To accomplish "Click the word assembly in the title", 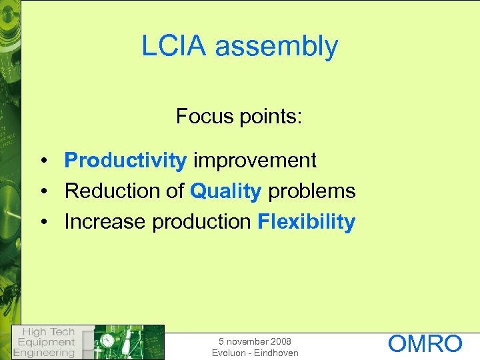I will pyautogui.click(x=277, y=47).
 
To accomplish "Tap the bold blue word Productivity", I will pyautogui.click(x=125, y=161).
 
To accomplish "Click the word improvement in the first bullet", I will pyautogui.click(x=255, y=161).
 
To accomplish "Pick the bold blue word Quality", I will pyautogui.click(x=225, y=192).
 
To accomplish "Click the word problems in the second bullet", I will pyautogui.click(x=311, y=191).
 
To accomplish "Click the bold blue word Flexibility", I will pyautogui.click(x=306, y=222).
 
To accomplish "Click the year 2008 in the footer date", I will pyautogui.click(x=278, y=341).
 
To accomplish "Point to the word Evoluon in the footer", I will pyautogui.click(x=229, y=353).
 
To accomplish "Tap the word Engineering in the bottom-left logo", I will pyautogui.click(x=45, y=352).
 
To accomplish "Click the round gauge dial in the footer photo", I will pyautogui.click(x=107, y=340).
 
